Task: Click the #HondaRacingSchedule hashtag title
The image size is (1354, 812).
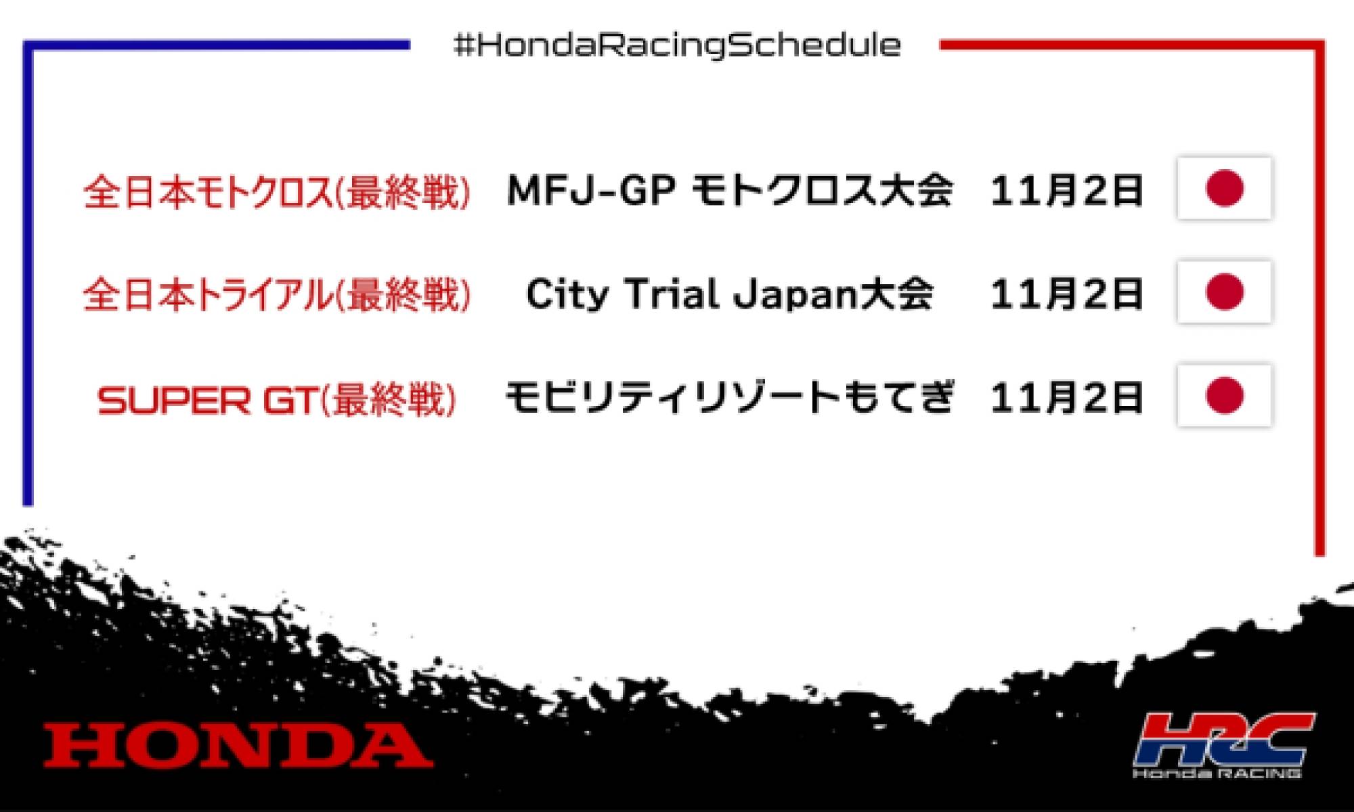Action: click(677, 46)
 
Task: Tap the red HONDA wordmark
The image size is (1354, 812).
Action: click(238, 745)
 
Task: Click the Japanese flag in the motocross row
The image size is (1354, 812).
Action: click(1225, 188)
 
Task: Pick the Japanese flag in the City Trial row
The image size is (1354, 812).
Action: click(1225, 292)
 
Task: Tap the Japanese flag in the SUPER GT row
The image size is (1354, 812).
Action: click(1225, 396)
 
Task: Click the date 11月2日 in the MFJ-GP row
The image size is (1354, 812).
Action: click(1067, 190)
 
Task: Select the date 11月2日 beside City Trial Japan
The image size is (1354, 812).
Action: click(1067, 294)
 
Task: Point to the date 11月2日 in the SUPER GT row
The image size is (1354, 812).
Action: click(1067, 398)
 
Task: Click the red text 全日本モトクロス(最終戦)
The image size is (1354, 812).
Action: click(276, 192)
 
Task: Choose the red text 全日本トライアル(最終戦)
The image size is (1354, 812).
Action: click(276, 296)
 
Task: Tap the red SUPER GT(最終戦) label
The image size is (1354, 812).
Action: click(276, 399)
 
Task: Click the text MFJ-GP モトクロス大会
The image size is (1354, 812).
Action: click(730, 190)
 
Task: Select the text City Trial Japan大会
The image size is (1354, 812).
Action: click(730, 294)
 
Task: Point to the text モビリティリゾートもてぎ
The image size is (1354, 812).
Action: click(730, 398)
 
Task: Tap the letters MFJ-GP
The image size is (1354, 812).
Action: click(591, 190)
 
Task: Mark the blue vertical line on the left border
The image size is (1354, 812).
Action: click(28, 271)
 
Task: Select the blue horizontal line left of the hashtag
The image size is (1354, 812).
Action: click(217, 45)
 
